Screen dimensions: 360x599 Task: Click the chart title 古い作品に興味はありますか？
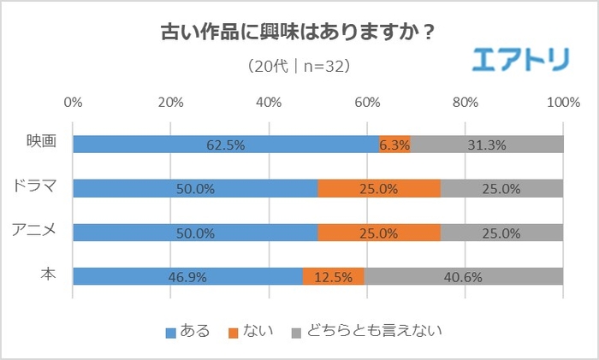pos(299,33)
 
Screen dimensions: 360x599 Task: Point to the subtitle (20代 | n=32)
pos(299,66)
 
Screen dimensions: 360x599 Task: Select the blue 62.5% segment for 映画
pos(226,145)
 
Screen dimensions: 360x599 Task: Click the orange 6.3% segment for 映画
pos(394,145)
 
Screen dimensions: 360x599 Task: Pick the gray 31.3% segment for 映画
pos(487,145)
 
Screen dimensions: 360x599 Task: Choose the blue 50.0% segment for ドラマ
pos(195,188)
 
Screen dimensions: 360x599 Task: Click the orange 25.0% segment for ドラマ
pos(379,188)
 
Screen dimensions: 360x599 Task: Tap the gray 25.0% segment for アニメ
pos(501,232)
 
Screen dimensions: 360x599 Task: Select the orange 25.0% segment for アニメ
pos(379,232)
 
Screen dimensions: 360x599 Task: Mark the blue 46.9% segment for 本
pos(187,276)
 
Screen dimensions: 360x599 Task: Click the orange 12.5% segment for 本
pos(334,276)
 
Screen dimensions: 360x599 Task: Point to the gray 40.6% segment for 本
pos(464,276)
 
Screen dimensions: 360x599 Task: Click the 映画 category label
pos(42,142)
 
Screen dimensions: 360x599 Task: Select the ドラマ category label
pos(34,186)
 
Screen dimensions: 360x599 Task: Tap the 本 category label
pos(50,274)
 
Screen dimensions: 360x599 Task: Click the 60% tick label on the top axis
pos(367,103)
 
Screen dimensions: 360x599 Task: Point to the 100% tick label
pos(563,103)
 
